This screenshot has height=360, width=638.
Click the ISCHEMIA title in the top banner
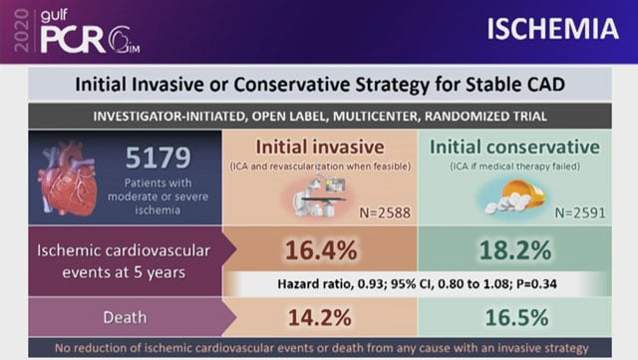[x=552, y=29]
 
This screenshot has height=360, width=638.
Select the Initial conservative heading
[x=514, y=146]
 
